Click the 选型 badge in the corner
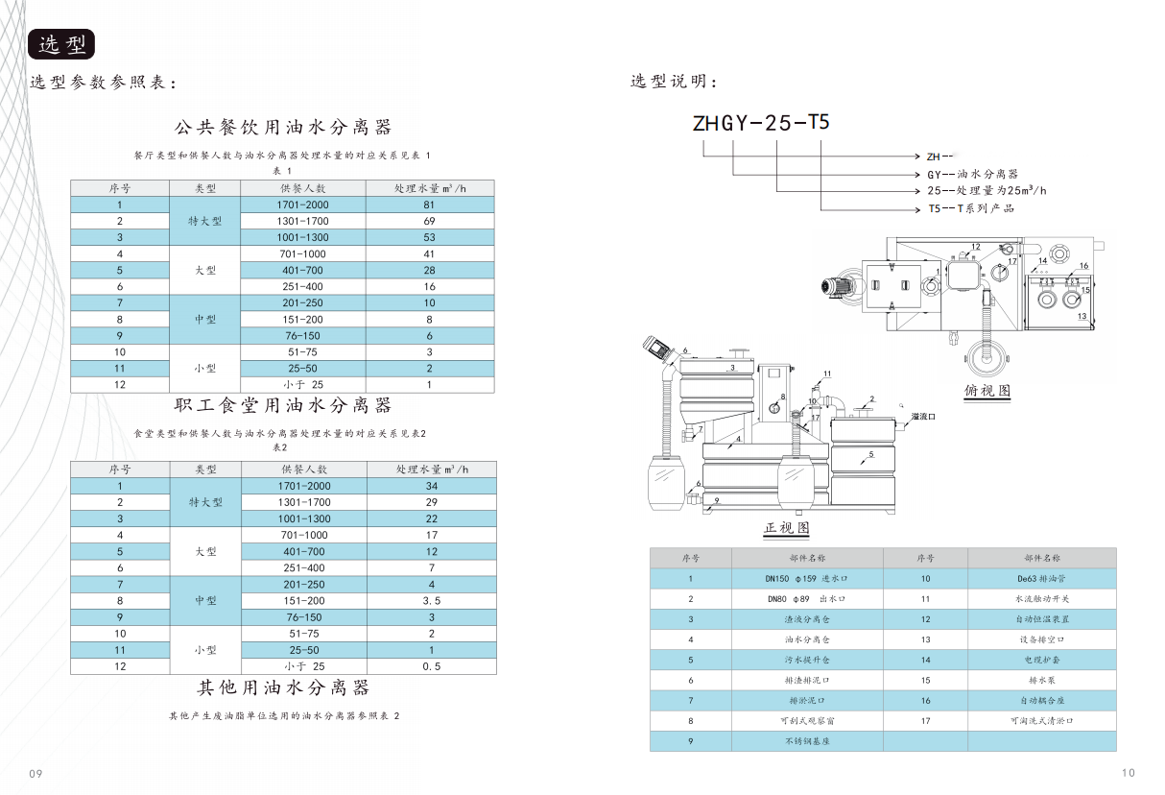61,44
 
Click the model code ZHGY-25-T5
760,124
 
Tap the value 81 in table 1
429,205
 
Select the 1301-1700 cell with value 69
303,221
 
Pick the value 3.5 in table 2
431,601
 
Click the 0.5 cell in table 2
431,666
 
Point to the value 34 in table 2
431,486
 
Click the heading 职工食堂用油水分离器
283,406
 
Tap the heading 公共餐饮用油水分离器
283,128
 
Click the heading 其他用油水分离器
283,688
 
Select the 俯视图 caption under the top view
987,392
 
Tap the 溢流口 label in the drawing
923,417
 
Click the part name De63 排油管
1041,579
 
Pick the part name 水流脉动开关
1041,599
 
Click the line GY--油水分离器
972,174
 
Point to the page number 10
1128,773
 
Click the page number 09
36,774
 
